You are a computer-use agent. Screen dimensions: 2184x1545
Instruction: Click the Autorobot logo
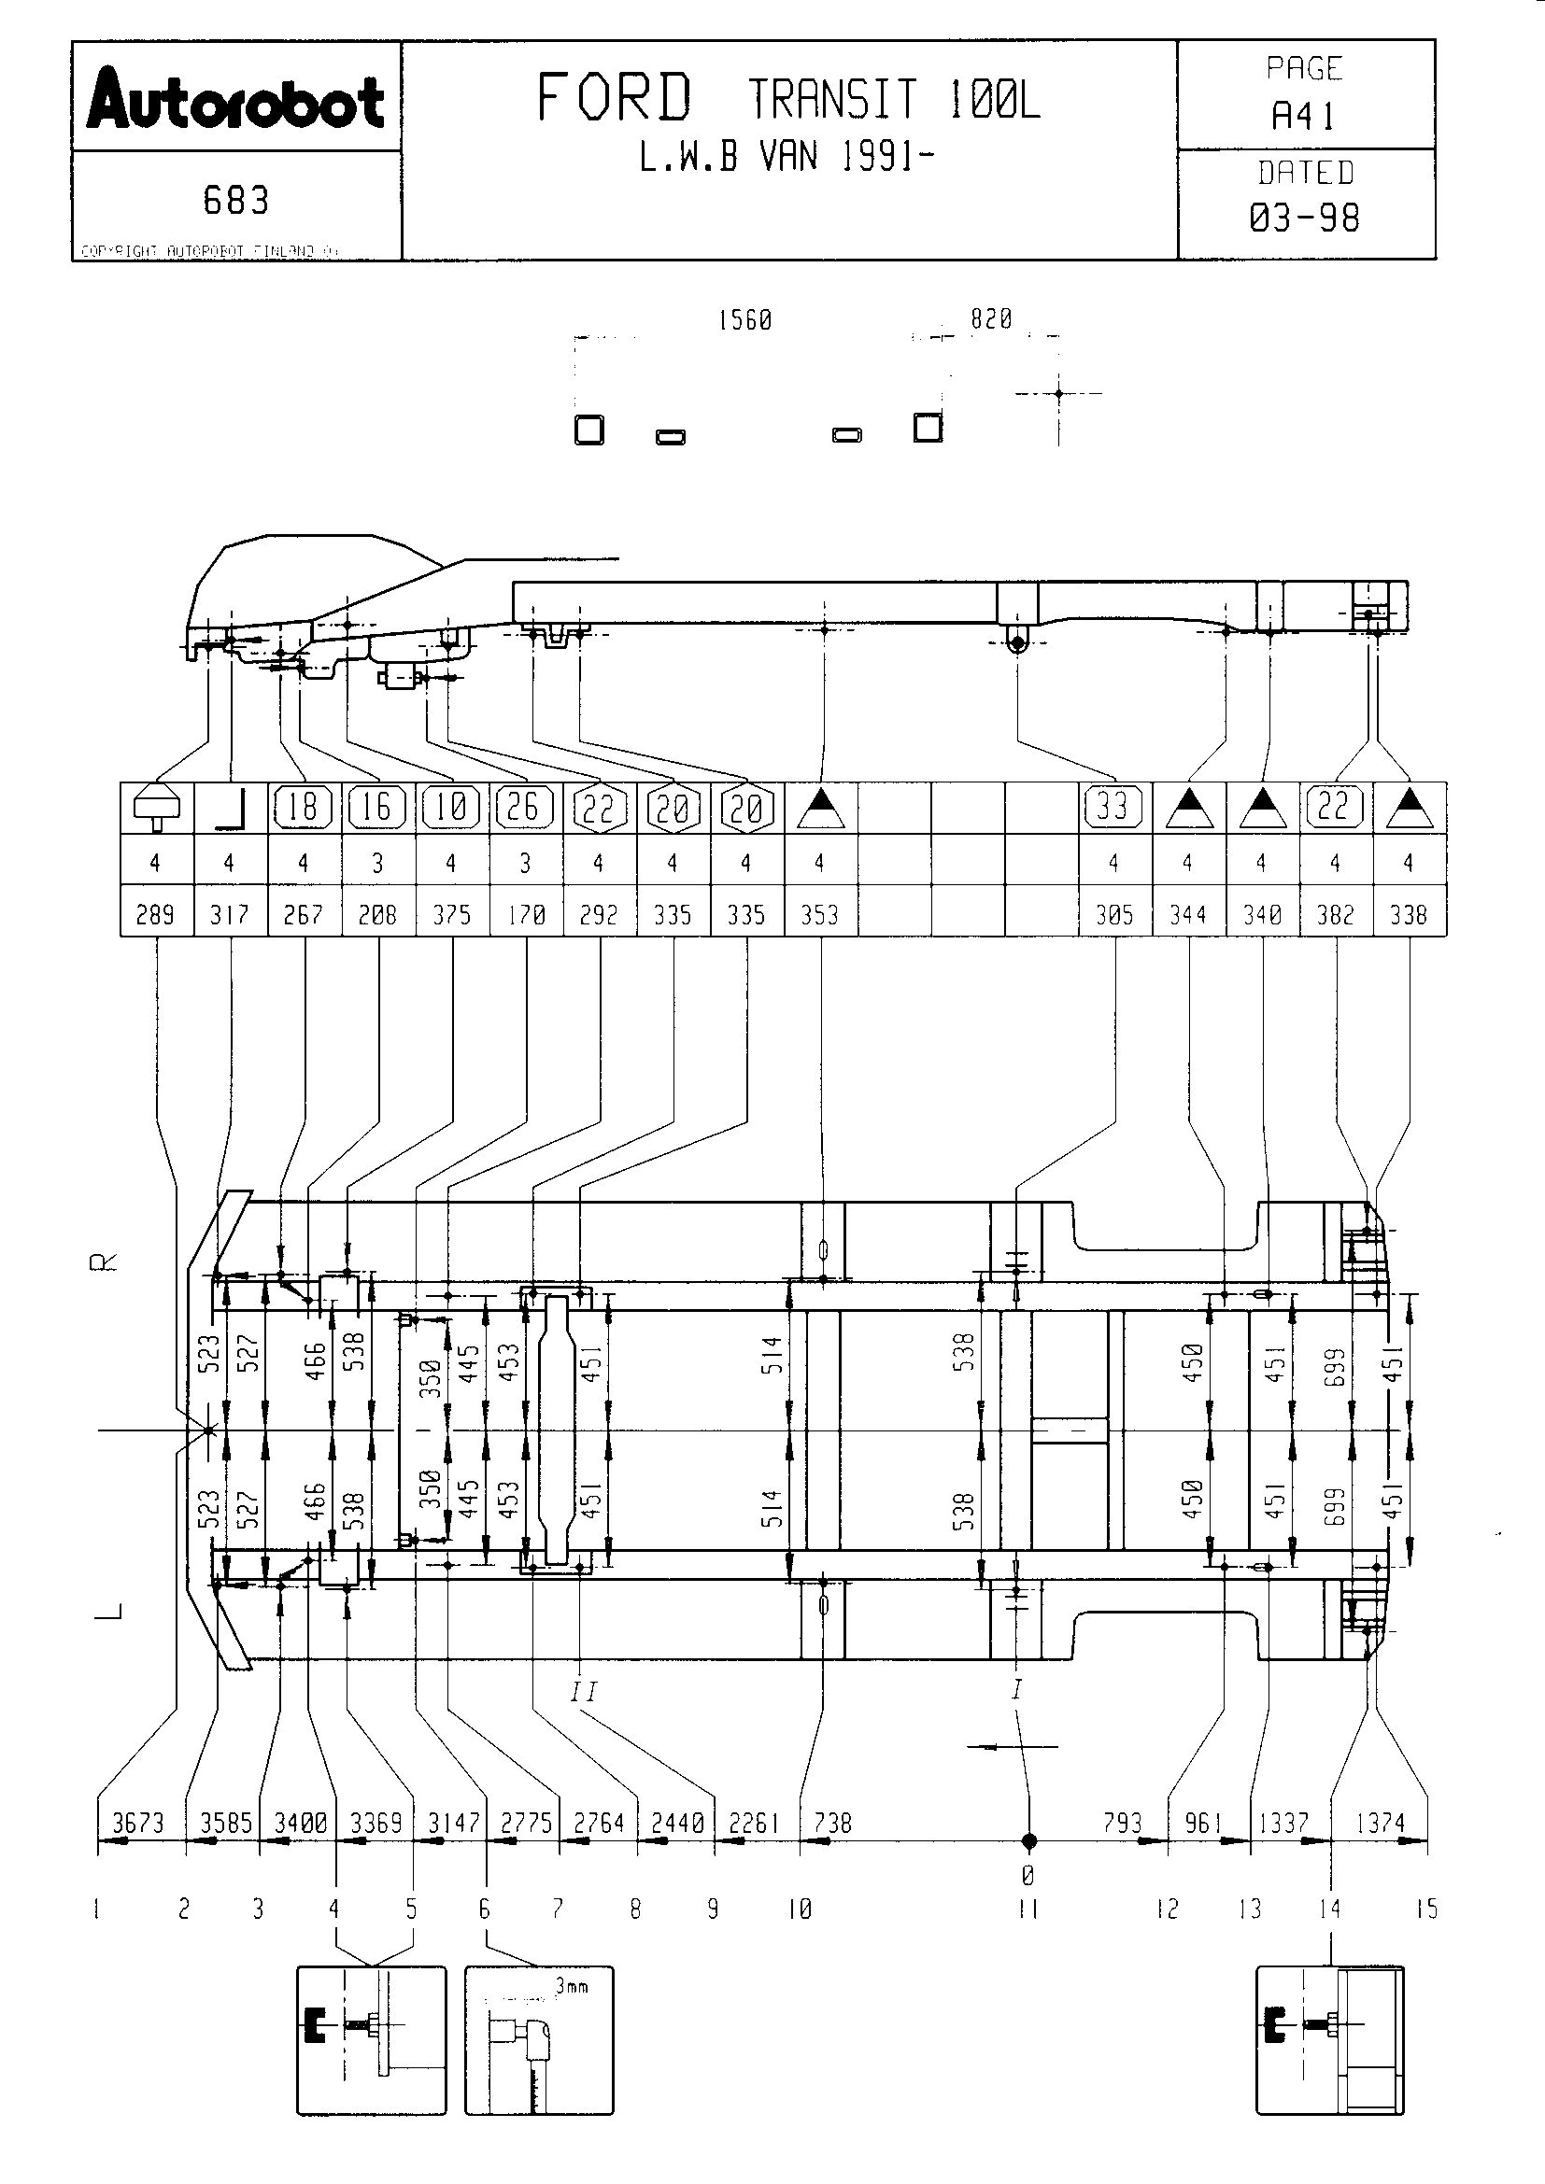(x=235, y=99)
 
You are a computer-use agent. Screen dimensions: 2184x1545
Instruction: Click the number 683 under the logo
(x=236, y=201)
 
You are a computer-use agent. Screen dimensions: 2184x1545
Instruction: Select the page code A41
(x=1303, y=117)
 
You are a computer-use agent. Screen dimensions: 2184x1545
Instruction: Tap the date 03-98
(x=1304, y=218)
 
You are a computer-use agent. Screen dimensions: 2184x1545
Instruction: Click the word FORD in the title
(x=614, y=99)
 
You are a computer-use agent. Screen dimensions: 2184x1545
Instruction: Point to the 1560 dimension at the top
(x=744, y=320)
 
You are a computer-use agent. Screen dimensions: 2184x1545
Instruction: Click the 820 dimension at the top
(x=991, y=319)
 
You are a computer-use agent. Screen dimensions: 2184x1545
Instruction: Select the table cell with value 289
(x=155, y=915)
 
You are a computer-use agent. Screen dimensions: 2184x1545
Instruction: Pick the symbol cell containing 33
(x=1113, y=808)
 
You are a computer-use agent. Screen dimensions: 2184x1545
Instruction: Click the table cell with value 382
(x=1335, y=915)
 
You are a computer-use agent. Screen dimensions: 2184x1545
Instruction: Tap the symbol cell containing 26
(x=524, y=808)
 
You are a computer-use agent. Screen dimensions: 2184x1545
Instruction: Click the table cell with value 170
(x=525, y=915)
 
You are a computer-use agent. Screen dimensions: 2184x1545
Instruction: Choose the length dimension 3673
(x=139, y=1824)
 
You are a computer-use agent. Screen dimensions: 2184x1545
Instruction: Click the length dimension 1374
(x=1381, y=1824)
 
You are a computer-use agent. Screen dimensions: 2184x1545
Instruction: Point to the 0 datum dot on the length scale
(x=1028, y=1841)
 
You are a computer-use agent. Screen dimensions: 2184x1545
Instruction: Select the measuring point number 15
(x=1426, y=1909)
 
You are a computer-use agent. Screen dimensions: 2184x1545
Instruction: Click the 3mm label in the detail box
(x=572, y=1986)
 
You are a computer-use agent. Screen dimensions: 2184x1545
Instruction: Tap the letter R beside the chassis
(x=104, y=1262)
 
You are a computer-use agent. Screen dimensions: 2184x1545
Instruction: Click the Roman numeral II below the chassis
(x=583, y=1692)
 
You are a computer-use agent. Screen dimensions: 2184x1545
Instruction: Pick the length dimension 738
(x=833, y=1824)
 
